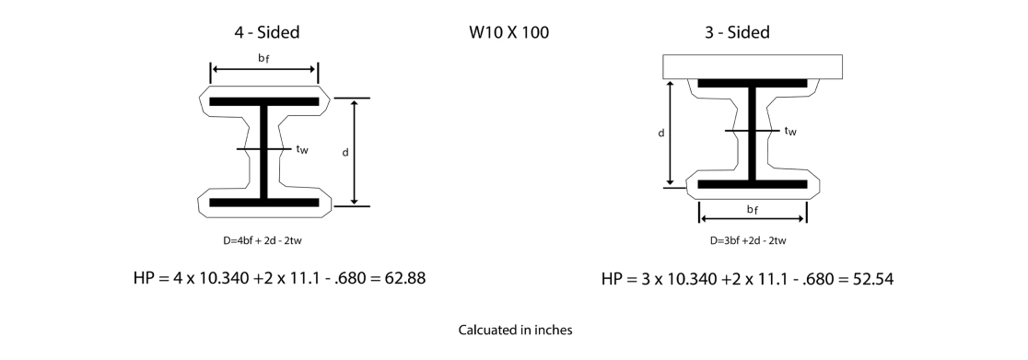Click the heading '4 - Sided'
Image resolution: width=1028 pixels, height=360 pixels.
click(266, 33)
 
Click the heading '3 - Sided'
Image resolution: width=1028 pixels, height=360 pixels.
click(736, 33)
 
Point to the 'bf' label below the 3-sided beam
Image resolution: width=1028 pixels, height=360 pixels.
click(753, 211)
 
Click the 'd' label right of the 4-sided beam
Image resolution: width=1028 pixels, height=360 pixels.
click(345, 152)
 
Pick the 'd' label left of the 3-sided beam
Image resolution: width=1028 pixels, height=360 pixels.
click(661, 133)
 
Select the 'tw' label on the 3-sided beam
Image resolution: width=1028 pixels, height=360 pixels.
click(789, 131)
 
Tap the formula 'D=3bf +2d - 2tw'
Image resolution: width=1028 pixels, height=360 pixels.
click(748, 241)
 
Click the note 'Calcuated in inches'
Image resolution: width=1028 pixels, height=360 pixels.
click(515, 330)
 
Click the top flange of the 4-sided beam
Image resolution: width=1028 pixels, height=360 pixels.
click(264, 100)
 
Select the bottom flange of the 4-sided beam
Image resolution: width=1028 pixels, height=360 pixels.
click(264, 202)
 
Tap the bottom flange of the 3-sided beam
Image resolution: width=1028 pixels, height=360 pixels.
click(753, 184)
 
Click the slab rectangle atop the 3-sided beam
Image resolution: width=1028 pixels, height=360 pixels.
click(752, 65)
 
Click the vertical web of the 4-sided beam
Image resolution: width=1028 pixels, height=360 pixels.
click(264, 151)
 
